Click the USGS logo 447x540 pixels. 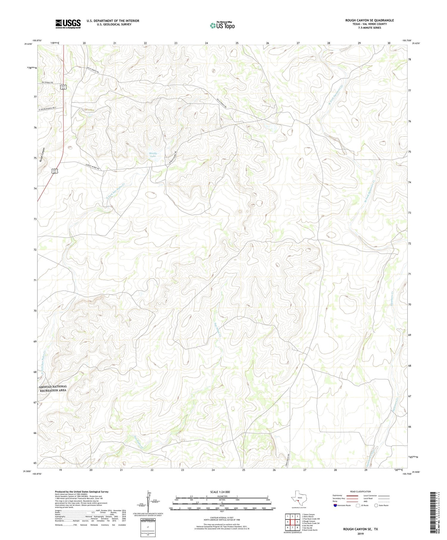tap(68, 24)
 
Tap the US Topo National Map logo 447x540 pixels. tap(222, 25)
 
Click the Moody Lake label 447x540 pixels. tap(153, 155)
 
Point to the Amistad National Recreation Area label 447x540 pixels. tap(53, 388)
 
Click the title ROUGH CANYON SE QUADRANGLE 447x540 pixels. tap(370, 20)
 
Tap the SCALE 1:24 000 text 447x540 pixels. tap(220, 492)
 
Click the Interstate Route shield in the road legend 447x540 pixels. tap(335, 505)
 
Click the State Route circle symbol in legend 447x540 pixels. tap(376, 505)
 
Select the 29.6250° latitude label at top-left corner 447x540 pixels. tap(27, 44)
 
